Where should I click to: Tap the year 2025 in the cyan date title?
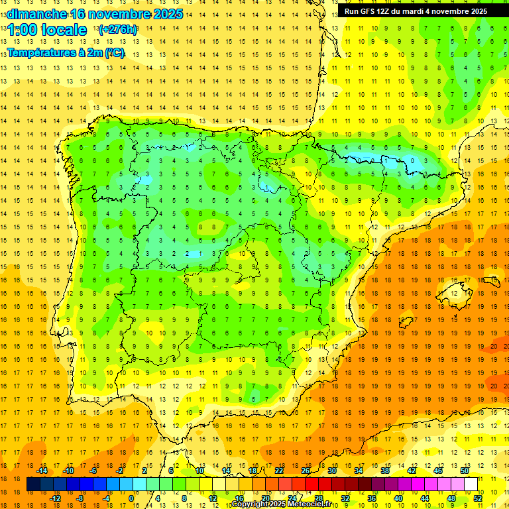164,14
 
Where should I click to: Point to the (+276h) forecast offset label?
119,30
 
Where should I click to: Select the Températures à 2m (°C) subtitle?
66,52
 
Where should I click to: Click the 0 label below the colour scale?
131,498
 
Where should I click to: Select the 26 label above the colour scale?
306,471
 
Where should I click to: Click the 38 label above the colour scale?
384,471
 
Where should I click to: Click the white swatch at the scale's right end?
471,484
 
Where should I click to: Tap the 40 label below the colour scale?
398,498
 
